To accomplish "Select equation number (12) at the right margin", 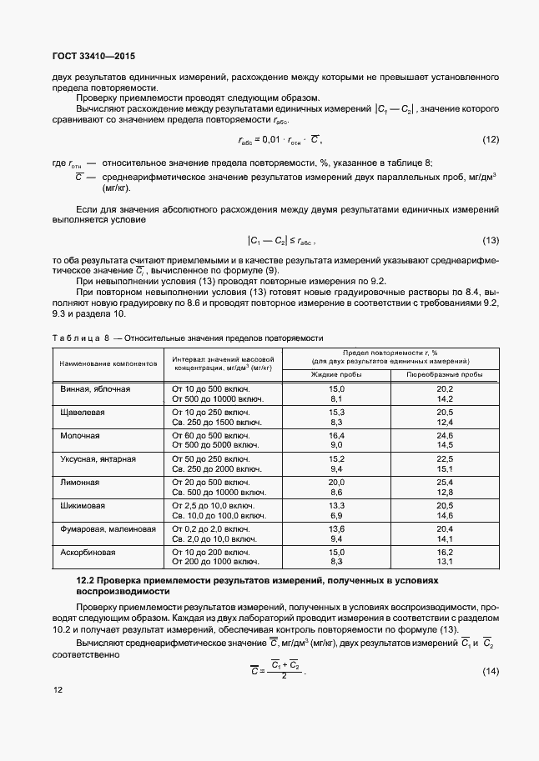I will click(x=491, y=139).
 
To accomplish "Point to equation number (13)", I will click(x=491, y=241).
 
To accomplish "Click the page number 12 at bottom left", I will click(x=57, y=690).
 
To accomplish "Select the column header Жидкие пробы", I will click(x=336, y=375).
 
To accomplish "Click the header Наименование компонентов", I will click(x=108, y=365).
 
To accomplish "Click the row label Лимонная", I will click(x=80, y=483).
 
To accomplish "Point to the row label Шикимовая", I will click(x=83, y=506).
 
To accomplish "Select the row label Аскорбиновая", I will click(x=88, y=553).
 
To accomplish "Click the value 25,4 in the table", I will click(x=444, y=483).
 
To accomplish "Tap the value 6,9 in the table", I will click(x=336, y=516).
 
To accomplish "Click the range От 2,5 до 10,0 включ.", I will click(x=213, y=506).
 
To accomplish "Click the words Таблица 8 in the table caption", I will click(x=79, y=338).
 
